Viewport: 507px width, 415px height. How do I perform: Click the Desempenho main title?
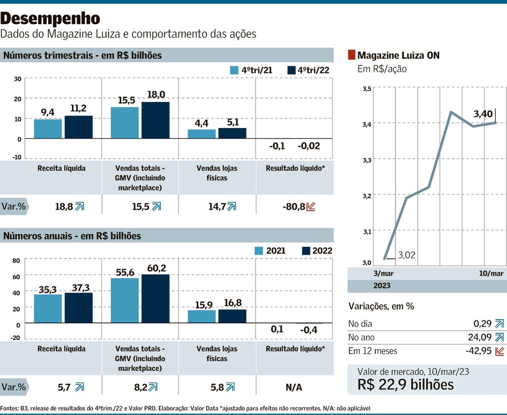pos(50,19)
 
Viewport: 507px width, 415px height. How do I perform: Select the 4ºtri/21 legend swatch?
pos(234,70)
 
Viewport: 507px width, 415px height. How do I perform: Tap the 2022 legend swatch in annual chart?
pos(306,250)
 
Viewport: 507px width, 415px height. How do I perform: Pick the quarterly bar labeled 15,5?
pos(125,123)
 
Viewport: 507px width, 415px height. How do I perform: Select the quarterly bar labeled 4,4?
pos(201,134)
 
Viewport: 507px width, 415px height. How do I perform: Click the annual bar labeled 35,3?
pos(48,309)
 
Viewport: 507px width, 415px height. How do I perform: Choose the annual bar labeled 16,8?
pos(232,316)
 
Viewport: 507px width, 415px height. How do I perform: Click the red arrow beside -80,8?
pos(311,206)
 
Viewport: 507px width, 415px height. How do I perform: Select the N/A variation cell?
pos(294,387)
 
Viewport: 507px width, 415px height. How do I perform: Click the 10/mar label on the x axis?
pos(491,273)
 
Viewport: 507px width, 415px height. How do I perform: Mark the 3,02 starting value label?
pos(407,255)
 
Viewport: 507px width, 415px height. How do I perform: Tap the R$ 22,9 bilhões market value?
pos(406,384)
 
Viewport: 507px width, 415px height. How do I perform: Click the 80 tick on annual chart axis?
pos(16,260)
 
